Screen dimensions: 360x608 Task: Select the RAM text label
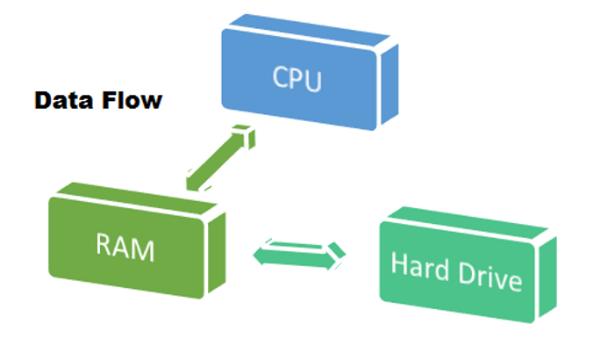(x=125, y=248)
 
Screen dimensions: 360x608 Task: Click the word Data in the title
(x=61, y=100)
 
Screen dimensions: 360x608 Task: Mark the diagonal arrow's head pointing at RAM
(x=194, y=179)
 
